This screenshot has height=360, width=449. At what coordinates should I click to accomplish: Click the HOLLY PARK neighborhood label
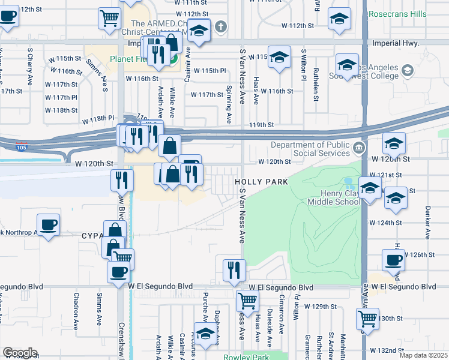(261, 181)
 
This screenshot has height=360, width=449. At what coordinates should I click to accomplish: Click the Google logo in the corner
(20, 353)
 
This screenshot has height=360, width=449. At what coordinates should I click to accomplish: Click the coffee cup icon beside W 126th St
(393, 260)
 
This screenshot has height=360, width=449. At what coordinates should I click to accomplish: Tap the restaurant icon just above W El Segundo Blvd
(234, 269)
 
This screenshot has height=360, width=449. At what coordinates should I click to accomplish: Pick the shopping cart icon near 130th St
(367, 317)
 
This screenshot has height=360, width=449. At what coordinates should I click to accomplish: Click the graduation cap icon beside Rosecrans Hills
(339, 19)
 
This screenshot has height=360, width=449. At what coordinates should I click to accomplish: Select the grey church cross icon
(221, 26)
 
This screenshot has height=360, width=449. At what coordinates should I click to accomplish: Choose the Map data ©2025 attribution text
(423, 355)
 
